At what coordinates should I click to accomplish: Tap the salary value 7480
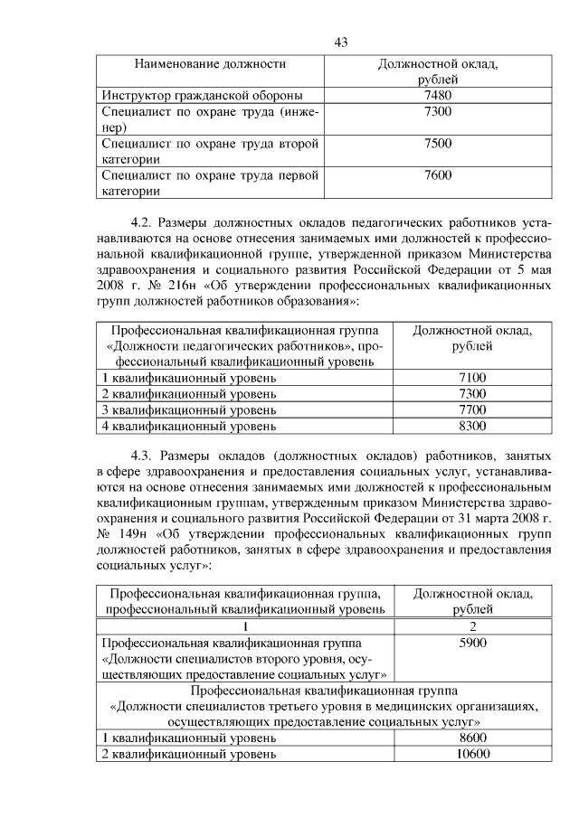click(437, 95)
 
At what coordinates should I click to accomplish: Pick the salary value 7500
click(437, 144)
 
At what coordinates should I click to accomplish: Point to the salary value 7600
click(437, 175)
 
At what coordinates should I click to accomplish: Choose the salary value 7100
click(471, 378)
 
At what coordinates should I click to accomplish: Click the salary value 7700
click(471, 409)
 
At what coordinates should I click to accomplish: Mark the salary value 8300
click(471, 425)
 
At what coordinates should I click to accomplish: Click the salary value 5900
click(471, 643)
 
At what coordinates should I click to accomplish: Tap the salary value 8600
click(471, 738)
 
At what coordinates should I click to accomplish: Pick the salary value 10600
click(471, 754)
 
